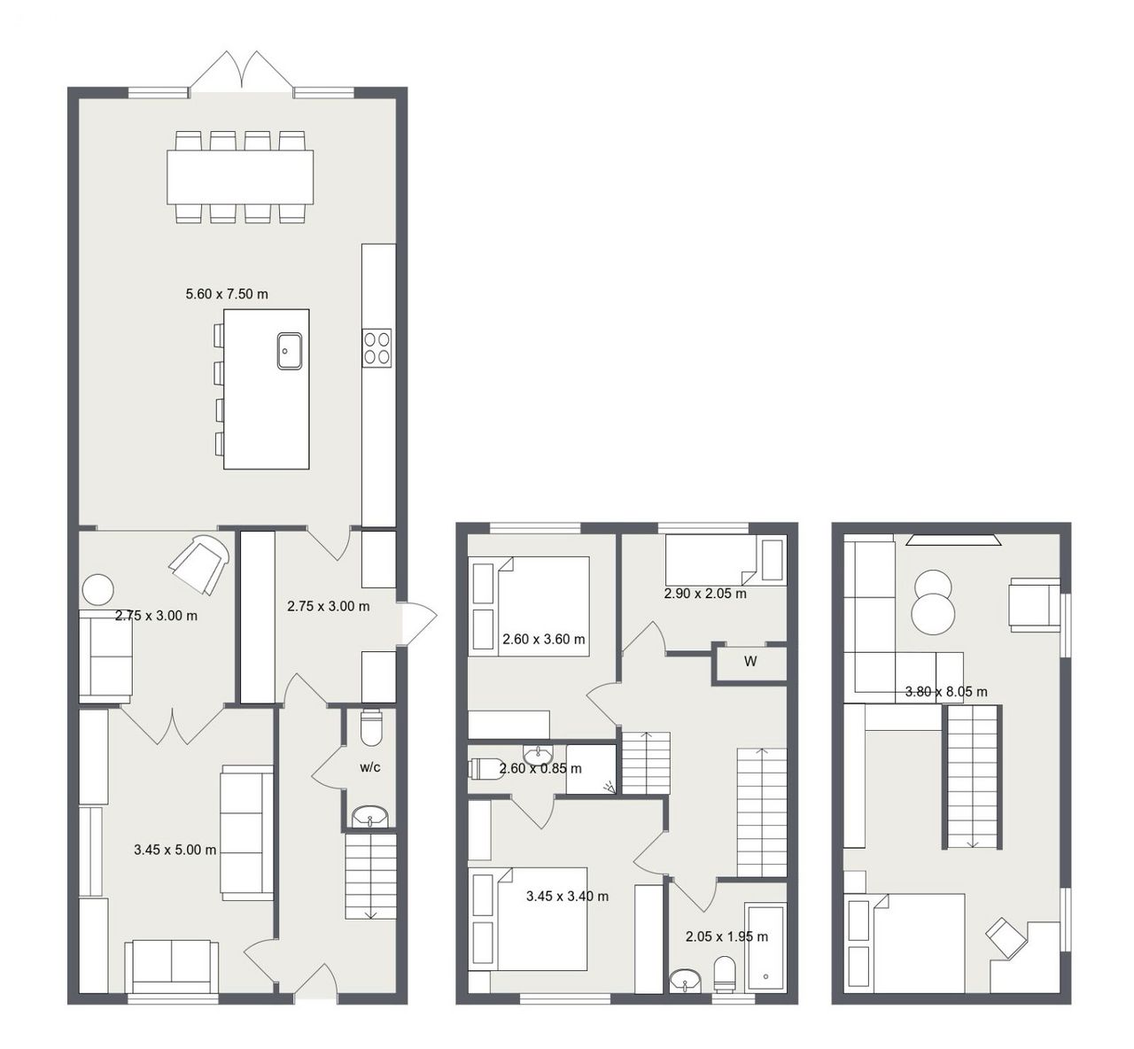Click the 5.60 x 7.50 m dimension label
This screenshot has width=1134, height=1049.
tap(227, 294)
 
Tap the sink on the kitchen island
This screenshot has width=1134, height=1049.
tap(290, 351)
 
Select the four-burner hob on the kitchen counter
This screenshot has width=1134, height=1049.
tap(377, 348)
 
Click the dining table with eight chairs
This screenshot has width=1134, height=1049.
tap(240, 177)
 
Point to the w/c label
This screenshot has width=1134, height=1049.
tap(370, 767)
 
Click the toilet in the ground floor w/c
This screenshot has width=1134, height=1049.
tap(371, 727)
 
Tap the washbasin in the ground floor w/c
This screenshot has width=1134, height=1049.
tap(370, 817)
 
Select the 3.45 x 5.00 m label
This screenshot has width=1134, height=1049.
tap(175, 850)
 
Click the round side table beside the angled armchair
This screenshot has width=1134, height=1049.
tap(97, 590)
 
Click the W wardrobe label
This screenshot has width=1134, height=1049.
tap(750, 661)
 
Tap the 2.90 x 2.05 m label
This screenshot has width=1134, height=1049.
tap(705, 594)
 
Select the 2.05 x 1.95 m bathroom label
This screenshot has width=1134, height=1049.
tap(726, 936)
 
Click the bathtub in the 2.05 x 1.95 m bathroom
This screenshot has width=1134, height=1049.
tap(765, 948)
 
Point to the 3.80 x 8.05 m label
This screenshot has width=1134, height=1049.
tap(946, 692)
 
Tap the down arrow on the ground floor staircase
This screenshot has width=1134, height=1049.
tap(370, 913)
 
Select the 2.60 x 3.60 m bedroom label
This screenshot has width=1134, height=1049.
tap(544, 639)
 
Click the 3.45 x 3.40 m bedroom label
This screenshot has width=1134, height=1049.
tap(568, 896)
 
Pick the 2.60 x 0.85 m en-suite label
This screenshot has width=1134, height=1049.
tap(540, 769)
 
